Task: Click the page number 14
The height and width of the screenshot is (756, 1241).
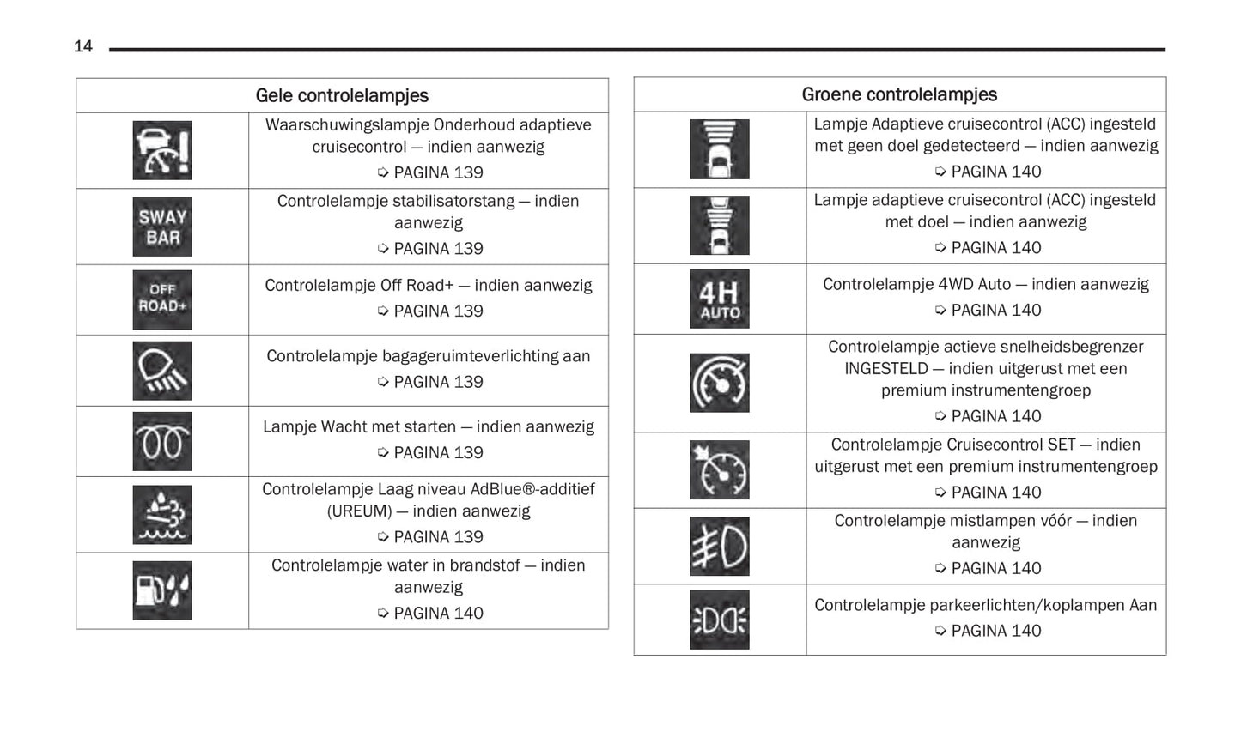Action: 83,46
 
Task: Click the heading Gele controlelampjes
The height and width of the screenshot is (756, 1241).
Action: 342,96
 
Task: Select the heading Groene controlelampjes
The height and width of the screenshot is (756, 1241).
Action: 899,94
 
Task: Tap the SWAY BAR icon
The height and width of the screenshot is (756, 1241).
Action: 162,227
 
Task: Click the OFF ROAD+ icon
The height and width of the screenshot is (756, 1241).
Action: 162,299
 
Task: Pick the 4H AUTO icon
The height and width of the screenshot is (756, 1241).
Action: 720,299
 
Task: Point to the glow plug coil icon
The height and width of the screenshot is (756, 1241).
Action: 162,442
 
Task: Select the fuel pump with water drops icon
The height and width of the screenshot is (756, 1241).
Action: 162,590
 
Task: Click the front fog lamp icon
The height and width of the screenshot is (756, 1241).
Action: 720,547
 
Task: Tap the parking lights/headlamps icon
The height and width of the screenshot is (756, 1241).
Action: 720,620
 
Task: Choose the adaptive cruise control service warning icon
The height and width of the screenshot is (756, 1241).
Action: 162,151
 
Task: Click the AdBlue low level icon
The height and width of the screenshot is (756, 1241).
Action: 162,515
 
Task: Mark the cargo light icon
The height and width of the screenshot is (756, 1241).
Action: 162,371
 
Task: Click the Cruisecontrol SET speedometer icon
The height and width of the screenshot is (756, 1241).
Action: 720,470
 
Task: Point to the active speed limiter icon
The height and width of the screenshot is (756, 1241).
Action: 720,383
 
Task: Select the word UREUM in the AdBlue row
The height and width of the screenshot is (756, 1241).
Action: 359,511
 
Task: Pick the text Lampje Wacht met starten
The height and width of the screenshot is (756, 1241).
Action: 359,427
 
